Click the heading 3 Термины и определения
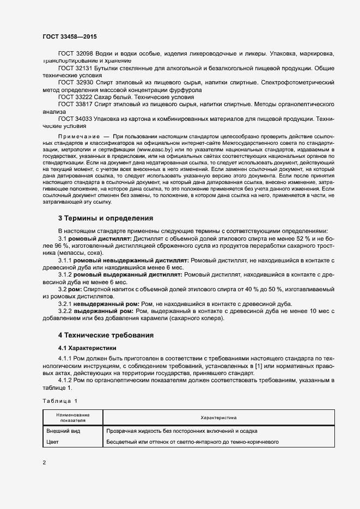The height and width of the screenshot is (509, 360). click(105, 218)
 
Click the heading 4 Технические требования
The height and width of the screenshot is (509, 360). click(106, 334)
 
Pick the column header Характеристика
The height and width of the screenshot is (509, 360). click(218, 418)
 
